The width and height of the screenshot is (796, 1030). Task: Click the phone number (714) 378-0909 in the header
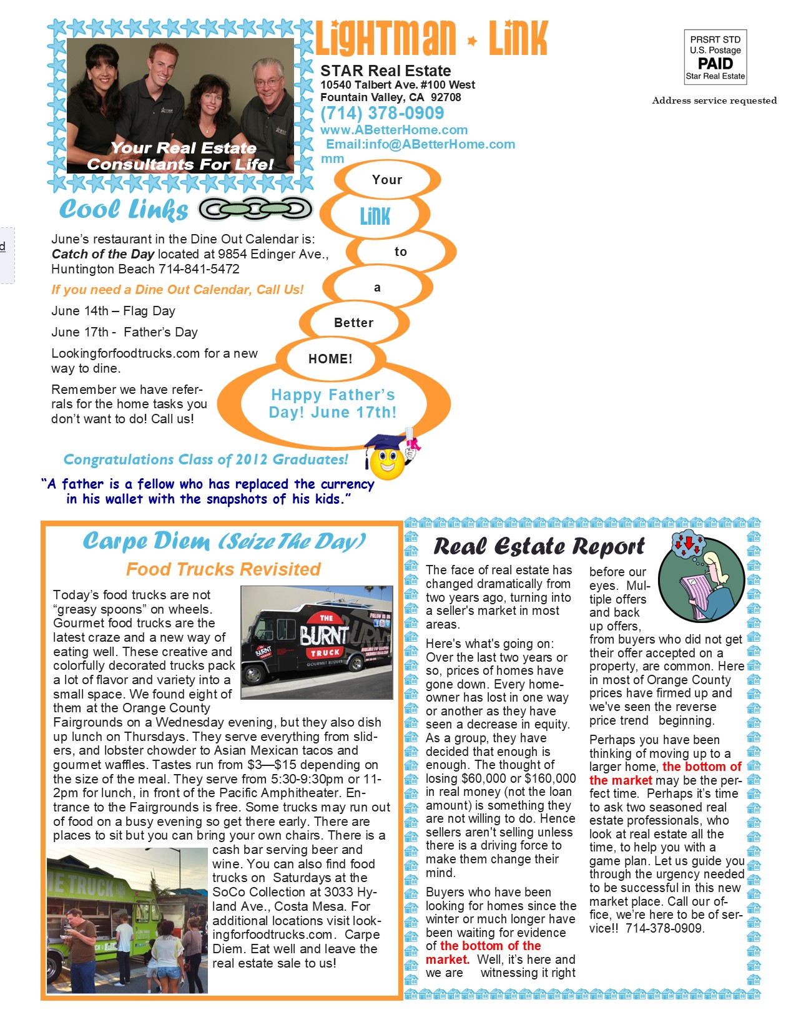pyautogui.click(x=382, y=113)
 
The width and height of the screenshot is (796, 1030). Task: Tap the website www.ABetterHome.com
pyautogui.click(x=394, y=130)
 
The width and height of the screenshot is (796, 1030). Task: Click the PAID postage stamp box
pyautogui.click(x=715, y=57)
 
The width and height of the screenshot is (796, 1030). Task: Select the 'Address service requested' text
pyautogui.click(x=714, y=101)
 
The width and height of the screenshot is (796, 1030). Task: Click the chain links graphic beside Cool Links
pyautogui.click(x=255, y=209)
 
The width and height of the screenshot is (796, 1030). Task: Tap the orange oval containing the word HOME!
pyautogui.click(x=330, y=359)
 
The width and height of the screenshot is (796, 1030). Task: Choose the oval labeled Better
pyautogui.click(x=353, y=323)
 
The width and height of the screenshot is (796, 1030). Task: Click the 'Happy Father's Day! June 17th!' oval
pyautogui.click(x=333, y=404)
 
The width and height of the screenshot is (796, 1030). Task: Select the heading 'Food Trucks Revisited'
pyautogui.click(x=223, y=569)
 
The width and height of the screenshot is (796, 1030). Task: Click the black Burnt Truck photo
pyautogui.click(x=317, y=642)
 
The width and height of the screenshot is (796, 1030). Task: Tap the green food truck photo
pyautogui.click(x=127, y=920)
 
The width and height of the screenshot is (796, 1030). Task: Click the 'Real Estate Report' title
pyautogui.click(x=539, y=547)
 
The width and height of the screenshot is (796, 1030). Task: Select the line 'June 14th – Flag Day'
pyautogui.click(x=113, y=311)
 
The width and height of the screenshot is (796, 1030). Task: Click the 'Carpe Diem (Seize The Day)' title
pyautogui.click(x=224, y=541)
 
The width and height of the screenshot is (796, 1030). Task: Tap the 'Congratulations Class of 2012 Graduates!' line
pyautogui.click(x=206, y=460)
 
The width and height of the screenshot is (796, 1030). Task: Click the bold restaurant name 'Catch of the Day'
pyautogui.click(x=103, y=254)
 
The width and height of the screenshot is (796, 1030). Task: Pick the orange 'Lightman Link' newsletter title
pyautogui.click(x=431, y=39)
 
